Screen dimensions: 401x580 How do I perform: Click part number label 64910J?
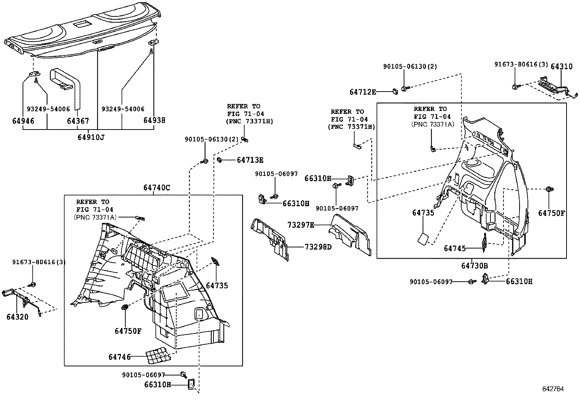90,137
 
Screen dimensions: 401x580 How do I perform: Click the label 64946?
23,121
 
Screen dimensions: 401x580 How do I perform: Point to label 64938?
154,120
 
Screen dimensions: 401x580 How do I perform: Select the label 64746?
119,357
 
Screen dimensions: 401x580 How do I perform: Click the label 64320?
17,317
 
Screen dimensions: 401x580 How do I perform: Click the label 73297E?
301,225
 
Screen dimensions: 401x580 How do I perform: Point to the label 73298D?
318,247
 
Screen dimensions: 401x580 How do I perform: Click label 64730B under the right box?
475,266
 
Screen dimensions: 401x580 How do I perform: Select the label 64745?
455,248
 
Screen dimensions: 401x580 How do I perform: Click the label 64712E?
362,92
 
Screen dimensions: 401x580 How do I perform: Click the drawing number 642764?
553,389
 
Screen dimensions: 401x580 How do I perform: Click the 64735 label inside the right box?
423,213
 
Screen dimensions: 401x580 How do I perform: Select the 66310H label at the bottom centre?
157,384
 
